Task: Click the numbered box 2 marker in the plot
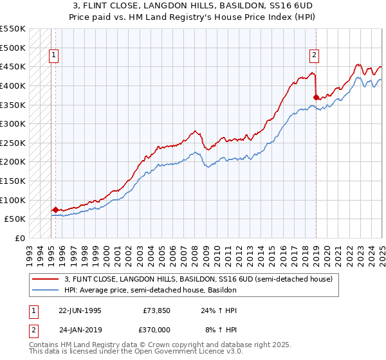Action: pyautogui.click(x=314, y=55)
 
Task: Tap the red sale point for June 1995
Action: pyautogui.click(x=55, y=210)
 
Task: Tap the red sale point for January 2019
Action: pyautogui.click(x=316, y=97)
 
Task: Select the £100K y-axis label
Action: pyautogui.click(x=13, y=200)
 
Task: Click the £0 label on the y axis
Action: pyautogui.click(x=19, y=238)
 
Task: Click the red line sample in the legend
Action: pyautogui.click(x=46, y=279)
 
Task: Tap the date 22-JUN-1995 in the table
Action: pyautogui.click(x=80, y=310)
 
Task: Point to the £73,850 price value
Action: pyautogui.click(x=154, y=310)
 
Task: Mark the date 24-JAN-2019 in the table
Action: pyautogui.click(x=80, y=328)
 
